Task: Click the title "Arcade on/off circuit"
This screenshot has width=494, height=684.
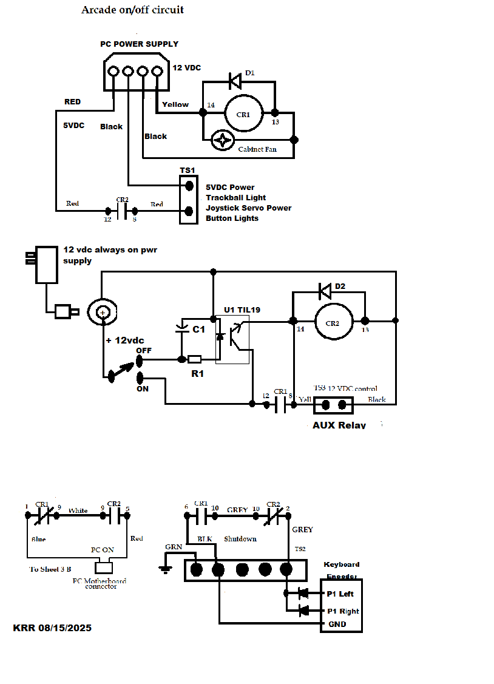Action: [132, 10]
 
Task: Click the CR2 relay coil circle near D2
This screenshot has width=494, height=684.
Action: [333, 321]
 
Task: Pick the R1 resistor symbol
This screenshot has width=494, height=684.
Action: [194, 359]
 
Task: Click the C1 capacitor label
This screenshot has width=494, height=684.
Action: [198, 329]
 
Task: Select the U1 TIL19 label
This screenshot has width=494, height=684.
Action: [242, 310]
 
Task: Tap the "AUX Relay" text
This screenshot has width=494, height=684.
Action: [339, 425]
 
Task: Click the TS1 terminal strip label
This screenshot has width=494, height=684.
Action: [188, 171]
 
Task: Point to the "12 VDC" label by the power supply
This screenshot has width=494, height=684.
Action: [187, 67]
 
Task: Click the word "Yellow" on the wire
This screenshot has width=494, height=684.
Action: [175, 104]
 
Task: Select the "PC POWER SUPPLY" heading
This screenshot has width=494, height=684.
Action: [139, 44]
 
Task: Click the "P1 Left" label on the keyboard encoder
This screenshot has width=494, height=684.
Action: [340, 594]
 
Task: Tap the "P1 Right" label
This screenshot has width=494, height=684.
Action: [342, 611]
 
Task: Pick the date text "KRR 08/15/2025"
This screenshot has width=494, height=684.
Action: [52, 628]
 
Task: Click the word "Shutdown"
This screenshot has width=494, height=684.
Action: [240, 539]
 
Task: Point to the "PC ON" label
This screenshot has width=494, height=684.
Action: [103, 549]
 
